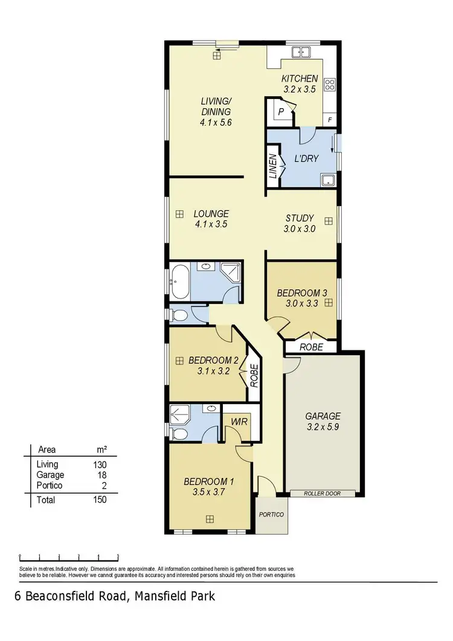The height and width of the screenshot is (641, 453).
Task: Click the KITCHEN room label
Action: [300, 79]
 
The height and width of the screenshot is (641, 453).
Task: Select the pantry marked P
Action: [281, 112]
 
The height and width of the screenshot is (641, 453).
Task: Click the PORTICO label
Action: [271, 515]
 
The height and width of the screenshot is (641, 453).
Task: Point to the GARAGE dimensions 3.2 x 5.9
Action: [323, 427]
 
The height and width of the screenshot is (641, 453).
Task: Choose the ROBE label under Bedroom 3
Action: [311, 347]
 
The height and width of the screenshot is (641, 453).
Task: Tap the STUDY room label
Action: [299, 218]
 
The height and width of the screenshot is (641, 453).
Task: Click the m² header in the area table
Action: [102, 449]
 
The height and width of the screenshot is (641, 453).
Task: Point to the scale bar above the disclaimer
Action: [69, 555]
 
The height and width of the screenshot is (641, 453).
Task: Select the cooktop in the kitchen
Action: [330, 85]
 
